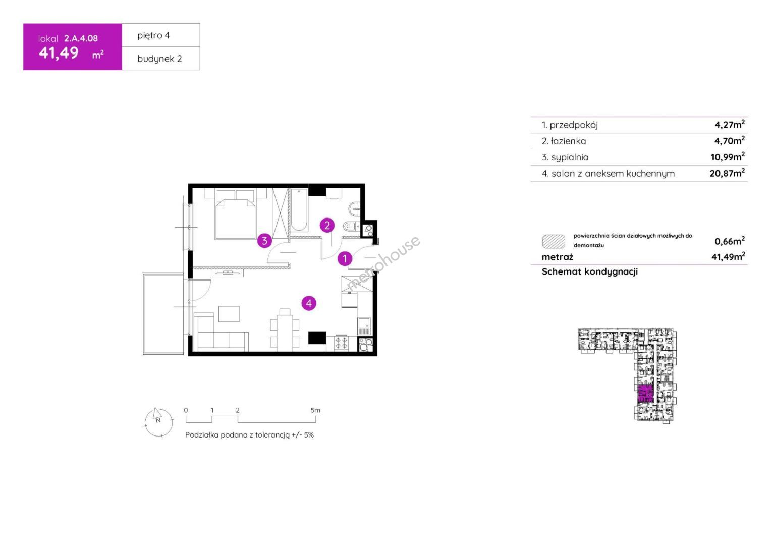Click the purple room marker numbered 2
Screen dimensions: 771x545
pyautogui.click(x=327, y=226)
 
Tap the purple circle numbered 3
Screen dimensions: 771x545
pyautogui.click(x=264, y=241)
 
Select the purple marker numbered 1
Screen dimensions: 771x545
pyautogui.click(x=345, y=258)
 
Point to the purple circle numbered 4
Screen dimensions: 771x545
pyautogui.click(x=309, y=303)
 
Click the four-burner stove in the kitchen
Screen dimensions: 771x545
pyautogui.click(x=341, y=343)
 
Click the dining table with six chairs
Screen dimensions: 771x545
pyautogui.click(x=285, y=330)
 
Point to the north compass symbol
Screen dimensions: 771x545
pyautogui.click(x=158, y=422)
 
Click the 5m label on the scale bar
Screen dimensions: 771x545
pyautogui.click(x=315, y=410)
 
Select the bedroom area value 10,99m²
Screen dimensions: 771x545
pyautogui.click(x=728, y=156)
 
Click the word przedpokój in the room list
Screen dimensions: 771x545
pyautogui.click(x=574, y=125)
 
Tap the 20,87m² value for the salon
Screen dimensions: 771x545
pyautogui.click(x=727, y=173)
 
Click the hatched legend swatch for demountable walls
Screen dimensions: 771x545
pyautogui.click(x=554, y=241)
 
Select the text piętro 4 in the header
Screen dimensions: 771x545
pyautogui.click(x=153, y=35)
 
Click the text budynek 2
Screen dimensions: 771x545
pyautogui.click(x=159, y=59)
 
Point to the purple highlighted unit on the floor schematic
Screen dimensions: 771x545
pyautogui.click(x=645, y=394)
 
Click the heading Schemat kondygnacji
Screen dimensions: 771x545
pyautogui.click(x=590, y=271)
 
